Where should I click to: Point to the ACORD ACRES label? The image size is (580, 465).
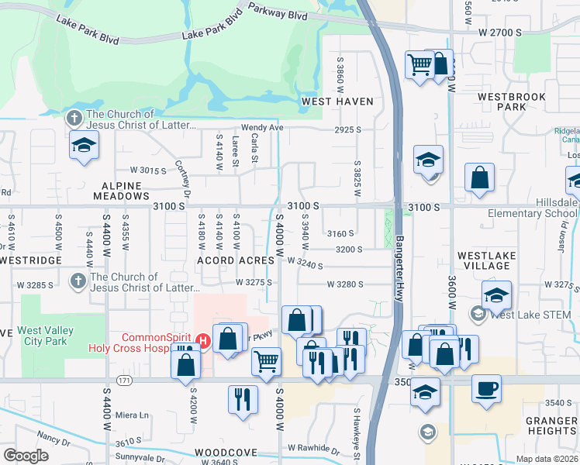pyautogui.click(x=226, y=260)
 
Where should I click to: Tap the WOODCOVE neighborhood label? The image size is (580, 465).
pyautogui.click(x=226, y=452)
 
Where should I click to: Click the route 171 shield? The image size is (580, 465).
pyautogui.click(x=124, y=381)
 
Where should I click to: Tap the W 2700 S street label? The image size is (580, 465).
pyautogui.click(x=502, y=33)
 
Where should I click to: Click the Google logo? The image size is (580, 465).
pyautogui.click(x=26, y=456)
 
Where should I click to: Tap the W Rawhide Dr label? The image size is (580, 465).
pyautogui.click(x=313, y=448)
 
